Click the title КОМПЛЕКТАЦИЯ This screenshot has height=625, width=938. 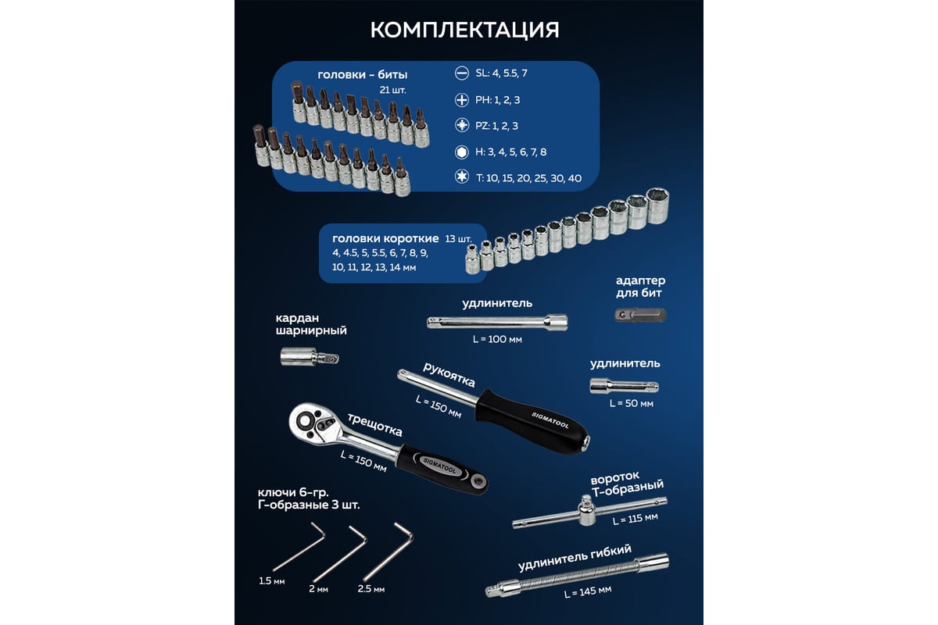point(464,30)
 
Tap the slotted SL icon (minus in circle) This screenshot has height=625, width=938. point(461,73)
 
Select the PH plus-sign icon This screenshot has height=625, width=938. point(461,100)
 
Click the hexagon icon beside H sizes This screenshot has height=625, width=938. point(461,152)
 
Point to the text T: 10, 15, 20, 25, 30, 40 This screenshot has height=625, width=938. point(528,178)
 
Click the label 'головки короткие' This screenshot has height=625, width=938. point(385,238)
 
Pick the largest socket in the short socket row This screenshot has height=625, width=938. point(657,205)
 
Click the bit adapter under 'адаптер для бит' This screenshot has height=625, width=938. point(640,315)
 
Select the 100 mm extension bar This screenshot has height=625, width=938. point(497,323)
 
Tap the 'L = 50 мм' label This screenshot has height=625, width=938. point(631,404)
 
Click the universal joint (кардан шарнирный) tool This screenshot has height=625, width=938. point(309,357)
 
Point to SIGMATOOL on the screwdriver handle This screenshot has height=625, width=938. point(550,420)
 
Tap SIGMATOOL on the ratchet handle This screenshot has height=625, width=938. point(439,466)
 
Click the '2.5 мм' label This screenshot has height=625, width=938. point(371,589)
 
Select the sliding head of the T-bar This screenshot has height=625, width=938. point(586,510)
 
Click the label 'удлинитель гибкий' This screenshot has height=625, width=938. point(575,559)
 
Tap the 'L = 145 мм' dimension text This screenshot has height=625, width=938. point(588,591)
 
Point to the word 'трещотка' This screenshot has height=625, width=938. point(374,425)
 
